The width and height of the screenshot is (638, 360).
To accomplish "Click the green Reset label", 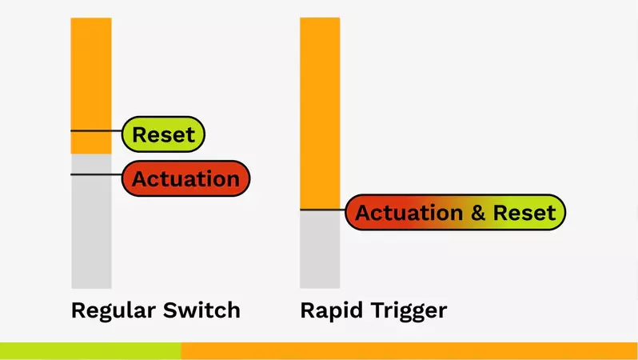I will coord(163,134).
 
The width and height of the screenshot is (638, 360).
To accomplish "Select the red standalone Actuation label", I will coord(185,179).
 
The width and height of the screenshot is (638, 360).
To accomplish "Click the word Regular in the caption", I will coord(108,310).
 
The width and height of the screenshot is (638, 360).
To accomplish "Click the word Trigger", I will coord(409,310).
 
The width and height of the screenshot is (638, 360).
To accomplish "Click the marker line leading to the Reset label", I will coord(96,130).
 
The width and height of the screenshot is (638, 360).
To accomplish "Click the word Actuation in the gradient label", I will coord(409,214).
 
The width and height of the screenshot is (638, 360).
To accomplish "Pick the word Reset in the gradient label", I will coord(524,214).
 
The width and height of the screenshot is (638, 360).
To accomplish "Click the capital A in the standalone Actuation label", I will coord(139,179).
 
